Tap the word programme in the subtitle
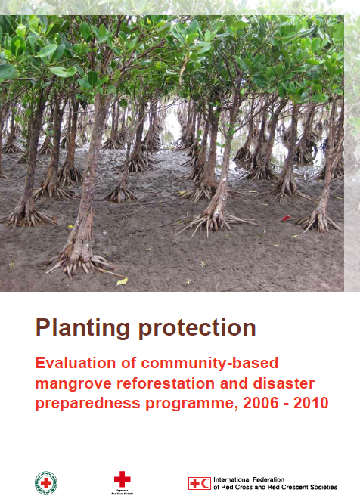(x=183, y=403)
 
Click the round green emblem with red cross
(x=46, y=482)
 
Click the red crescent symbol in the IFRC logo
(x=206, y=483)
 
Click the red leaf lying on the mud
(x=285, y=219)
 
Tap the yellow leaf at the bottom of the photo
(x=122, y=281)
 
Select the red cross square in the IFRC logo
(x=194, y=483)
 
